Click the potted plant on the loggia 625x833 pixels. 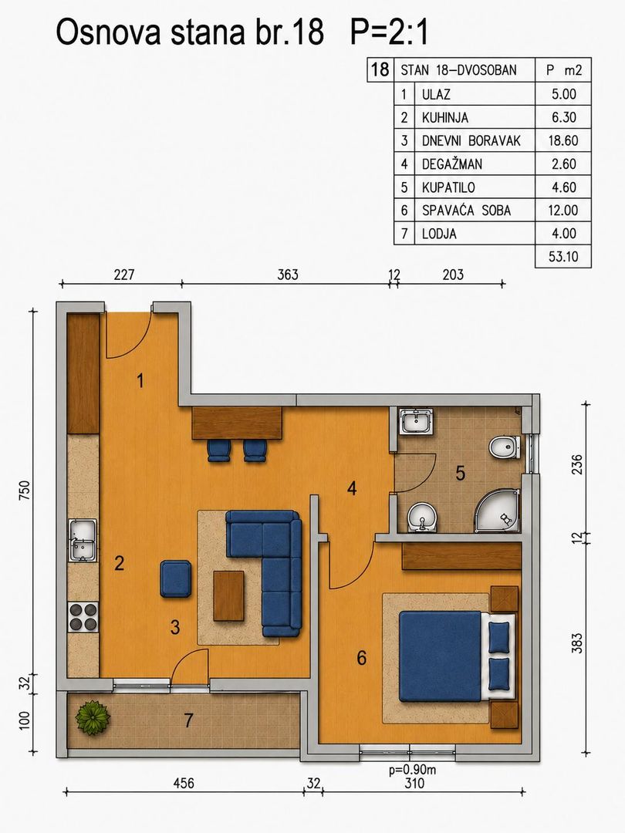pyautogui.click(x=93, y=718)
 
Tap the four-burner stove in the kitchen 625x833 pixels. pyautogui.click(x=83, y=617)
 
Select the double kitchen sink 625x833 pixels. pyautogui.click(x=83, y=540)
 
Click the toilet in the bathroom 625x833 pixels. pyautogui.click(x=505, y=447)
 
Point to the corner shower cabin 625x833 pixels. pyautogui.click(x=496, y=510)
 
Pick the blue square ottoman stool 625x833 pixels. pyautogui.click(x=176, y=578)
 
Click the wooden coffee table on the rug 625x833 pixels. pyautogui.click(x=228, y=595)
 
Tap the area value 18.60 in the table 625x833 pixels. pyautogui.click(x=562, y=141)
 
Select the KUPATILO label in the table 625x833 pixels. pyautogui.click(x=448, y=187)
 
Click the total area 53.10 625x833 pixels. pyautogui.click(x=563, y=257)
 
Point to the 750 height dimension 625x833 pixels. pyautogui.click(x=25, y=490)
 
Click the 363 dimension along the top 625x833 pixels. pyautogui.click(x=288, y=275)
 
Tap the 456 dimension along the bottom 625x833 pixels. pyautogui.click(x=184, y=783)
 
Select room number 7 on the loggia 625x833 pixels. pyautogui.click(x=188, y=720)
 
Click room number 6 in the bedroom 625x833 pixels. pyautogui.click(x=361, y=658)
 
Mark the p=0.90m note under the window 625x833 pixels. pyautogui.click(x=412, y=770)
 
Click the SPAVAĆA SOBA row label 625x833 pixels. pyautogui.click(x=466, y=211)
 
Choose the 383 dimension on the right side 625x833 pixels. pyautogui.click(x=577, y=643)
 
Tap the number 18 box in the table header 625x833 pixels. pyautogui.click(x=380, y=69)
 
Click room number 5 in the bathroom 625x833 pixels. pyautogui.click(x=460, y=473)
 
